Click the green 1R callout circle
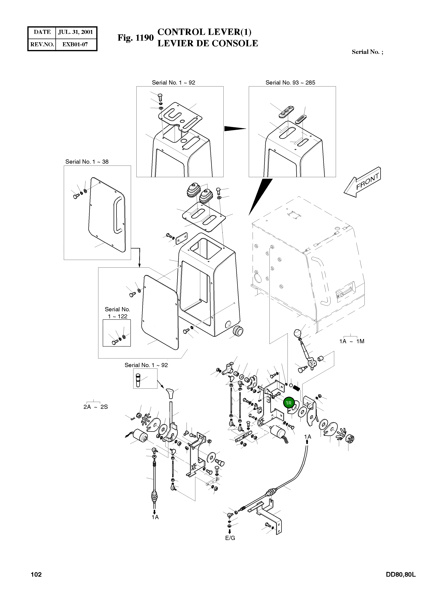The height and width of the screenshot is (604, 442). pos(289,403)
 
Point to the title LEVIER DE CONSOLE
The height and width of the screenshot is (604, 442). pos(208,43)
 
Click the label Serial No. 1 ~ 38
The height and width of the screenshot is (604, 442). pos(87,162)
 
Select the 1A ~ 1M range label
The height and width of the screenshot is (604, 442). pos(352,341)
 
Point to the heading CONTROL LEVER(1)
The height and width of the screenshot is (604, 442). pos(204,32)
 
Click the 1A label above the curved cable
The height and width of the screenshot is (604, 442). pos(308,437)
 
